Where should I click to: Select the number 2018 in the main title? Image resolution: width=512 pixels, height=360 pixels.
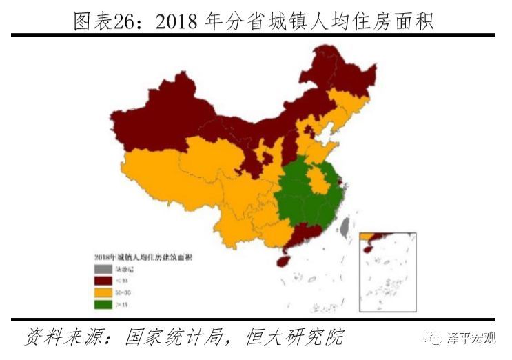[178, 21]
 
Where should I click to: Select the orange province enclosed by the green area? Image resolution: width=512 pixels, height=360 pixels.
[318, 180]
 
